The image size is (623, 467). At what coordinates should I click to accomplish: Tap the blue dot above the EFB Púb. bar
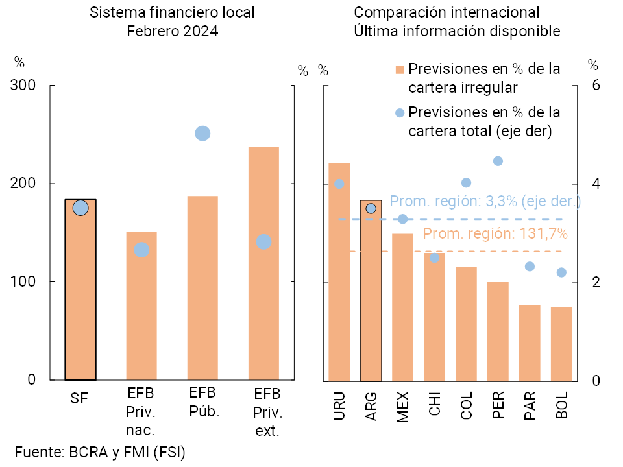202,134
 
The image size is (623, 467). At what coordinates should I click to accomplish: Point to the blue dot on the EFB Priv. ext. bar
263,242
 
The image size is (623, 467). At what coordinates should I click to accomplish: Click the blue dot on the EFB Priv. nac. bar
141,250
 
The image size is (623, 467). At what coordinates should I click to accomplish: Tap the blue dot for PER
498,161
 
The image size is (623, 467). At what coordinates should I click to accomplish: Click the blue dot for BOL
561,272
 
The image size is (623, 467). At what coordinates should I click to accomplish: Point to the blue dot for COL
466,183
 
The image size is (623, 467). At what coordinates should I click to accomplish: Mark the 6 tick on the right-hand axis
596,86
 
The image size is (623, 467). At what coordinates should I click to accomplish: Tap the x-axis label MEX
402,408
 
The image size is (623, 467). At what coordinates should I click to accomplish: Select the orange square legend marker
400,69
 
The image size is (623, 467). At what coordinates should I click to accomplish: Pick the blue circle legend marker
400,113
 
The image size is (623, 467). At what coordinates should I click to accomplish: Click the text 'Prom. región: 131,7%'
495,233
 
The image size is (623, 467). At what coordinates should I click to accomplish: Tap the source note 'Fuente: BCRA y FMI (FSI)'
100,452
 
